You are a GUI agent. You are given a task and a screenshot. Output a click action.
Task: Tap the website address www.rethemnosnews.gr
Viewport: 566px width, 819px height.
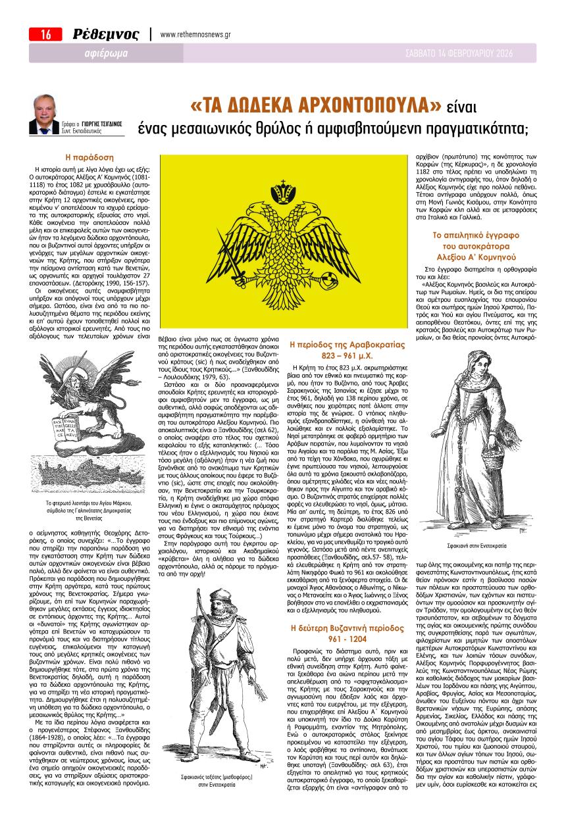(195, 35)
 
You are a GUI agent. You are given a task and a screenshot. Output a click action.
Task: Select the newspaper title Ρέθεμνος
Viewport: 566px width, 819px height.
(105, 35)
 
